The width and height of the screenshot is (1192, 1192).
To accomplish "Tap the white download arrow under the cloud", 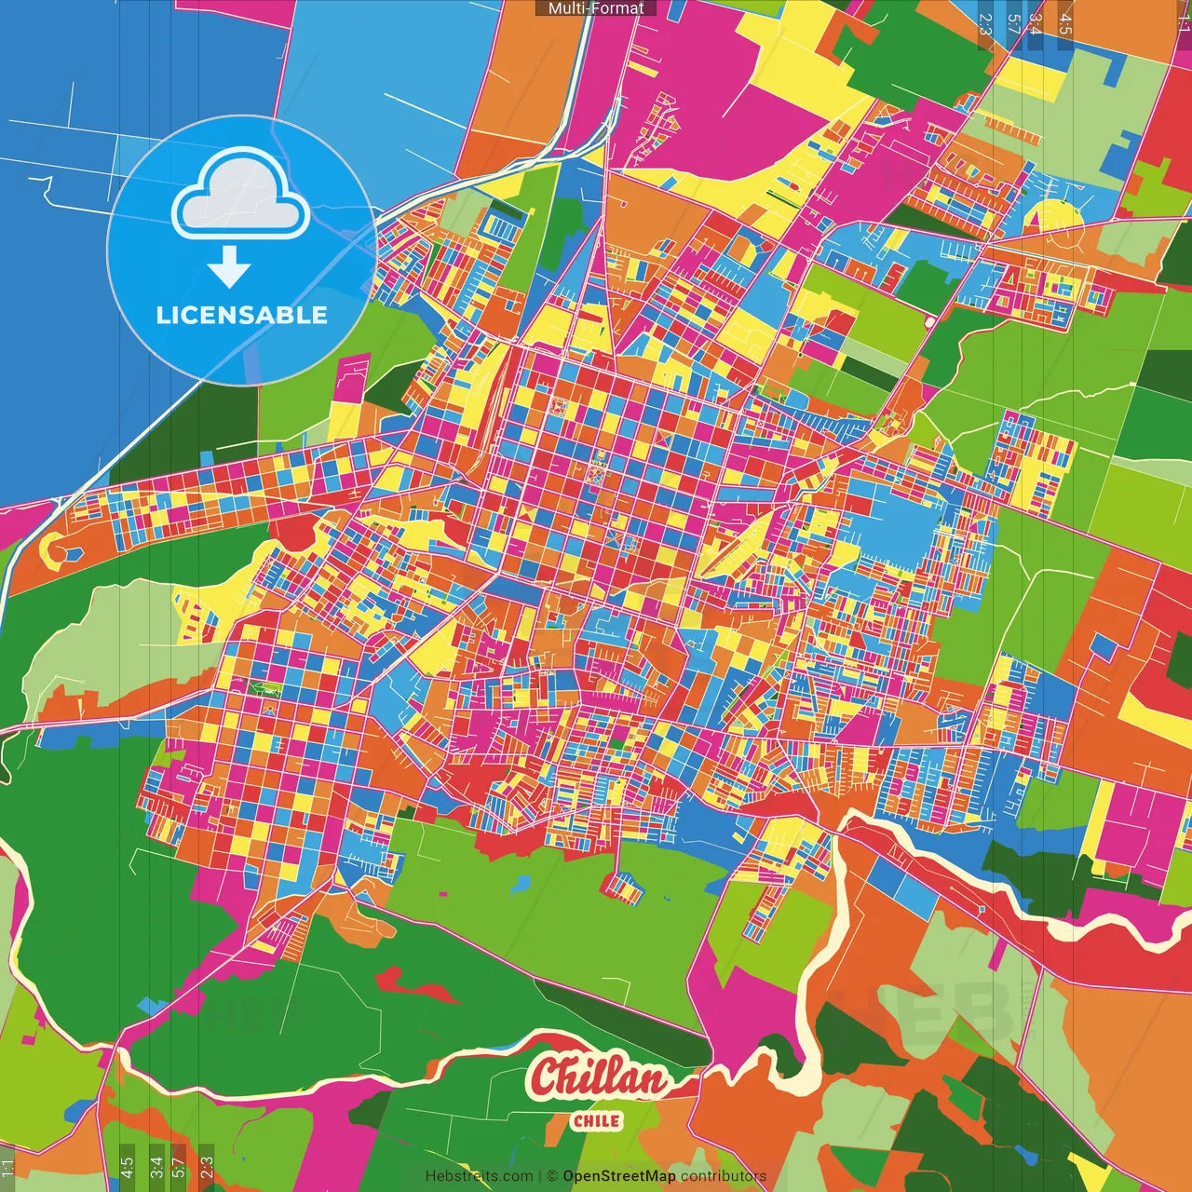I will click(x=229, y=267).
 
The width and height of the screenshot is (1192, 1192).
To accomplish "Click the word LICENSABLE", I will click(x=242, y=315).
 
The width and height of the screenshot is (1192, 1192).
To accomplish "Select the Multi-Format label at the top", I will click(x=596, y=8).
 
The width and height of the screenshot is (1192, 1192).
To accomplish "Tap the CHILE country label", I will click(x=597, y=1120).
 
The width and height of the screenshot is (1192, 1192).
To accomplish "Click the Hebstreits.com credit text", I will click(x=479, y=1176).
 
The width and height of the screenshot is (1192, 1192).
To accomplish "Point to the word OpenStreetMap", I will click(x=618, y=1176).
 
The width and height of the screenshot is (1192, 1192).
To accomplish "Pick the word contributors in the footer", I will click(x=724, y=1176).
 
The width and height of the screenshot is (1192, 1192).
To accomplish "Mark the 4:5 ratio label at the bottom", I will click(x=127, y=1167).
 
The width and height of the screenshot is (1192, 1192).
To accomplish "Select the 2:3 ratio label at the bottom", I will click(x=207, y=1167).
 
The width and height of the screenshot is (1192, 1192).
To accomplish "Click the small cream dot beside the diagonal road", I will click(x=929, y=322).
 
